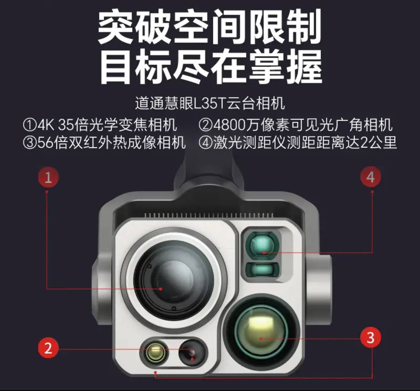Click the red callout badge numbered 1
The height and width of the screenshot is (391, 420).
click(x=48, y=177)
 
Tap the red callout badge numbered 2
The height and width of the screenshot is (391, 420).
click(x=48, y=348)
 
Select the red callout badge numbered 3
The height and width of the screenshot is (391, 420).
click(x=370, y=337)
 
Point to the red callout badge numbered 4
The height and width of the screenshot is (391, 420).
click(x=370, y=177)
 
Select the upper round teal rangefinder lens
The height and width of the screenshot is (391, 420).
click(x=262, y=245)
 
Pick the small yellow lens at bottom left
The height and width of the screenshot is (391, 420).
click(x=156, y=352)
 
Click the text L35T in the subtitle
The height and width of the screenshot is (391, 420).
click(x=210, y=103)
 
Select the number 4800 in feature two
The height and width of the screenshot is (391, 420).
click(x=228, y=125)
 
